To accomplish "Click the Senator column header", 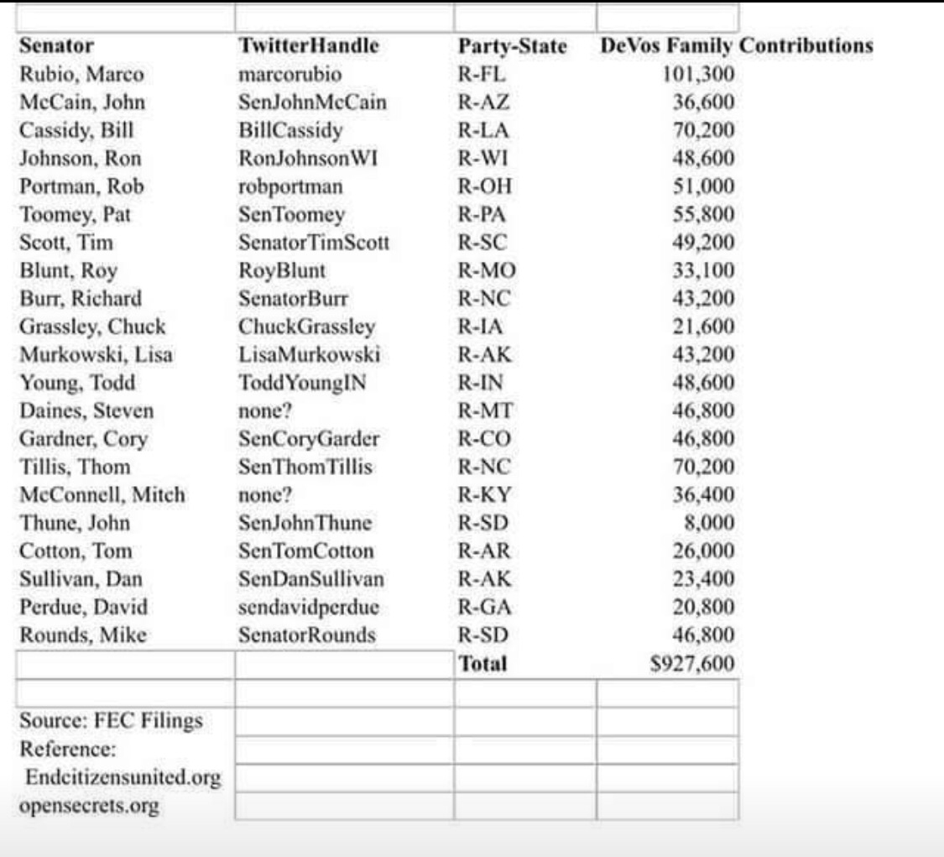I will tap(56, 46).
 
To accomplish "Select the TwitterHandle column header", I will tap(309, 46).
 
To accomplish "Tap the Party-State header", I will tap(512, 47).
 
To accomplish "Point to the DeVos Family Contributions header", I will tap(736, 46).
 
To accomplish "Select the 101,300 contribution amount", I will tap(699, 75).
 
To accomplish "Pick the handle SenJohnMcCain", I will tap(312, 102).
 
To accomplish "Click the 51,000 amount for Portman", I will tap(704, 186).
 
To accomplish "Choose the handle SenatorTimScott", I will tap(313, 243).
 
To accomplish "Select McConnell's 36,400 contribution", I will tap(704, 495).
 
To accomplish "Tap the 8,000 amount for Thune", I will tap(711, 523).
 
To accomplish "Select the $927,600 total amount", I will tap(693, 664).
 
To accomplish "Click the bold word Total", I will tap(482, 664).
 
